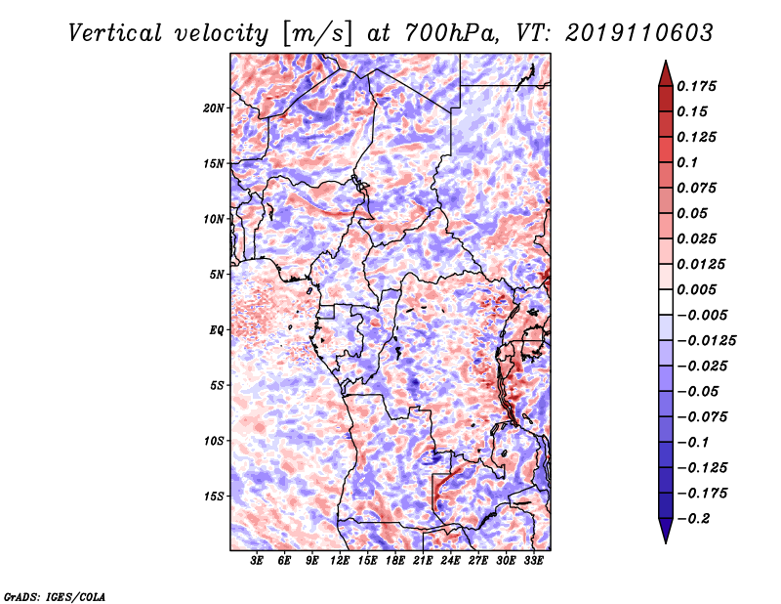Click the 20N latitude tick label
coord(214,108)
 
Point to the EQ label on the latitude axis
coord(216,330)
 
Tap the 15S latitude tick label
coord(214,496)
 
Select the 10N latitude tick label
coord(214,219)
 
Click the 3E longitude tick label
coord(257,561)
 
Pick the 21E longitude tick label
coord(423,561)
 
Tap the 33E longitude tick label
coord(533,561)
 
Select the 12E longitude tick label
coord(340,561)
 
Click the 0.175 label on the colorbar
coord(696,86)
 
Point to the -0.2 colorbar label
coord(693,519)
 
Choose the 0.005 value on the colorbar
coord(696,289)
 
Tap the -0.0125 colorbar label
coord(706,341)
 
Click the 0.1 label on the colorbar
coord(687,162)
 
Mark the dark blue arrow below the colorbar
coord(666,531)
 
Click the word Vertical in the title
coord(115,33)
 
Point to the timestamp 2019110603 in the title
coord(638,33)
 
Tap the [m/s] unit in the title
coord(317,34)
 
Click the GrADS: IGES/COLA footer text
coord(55,597)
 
